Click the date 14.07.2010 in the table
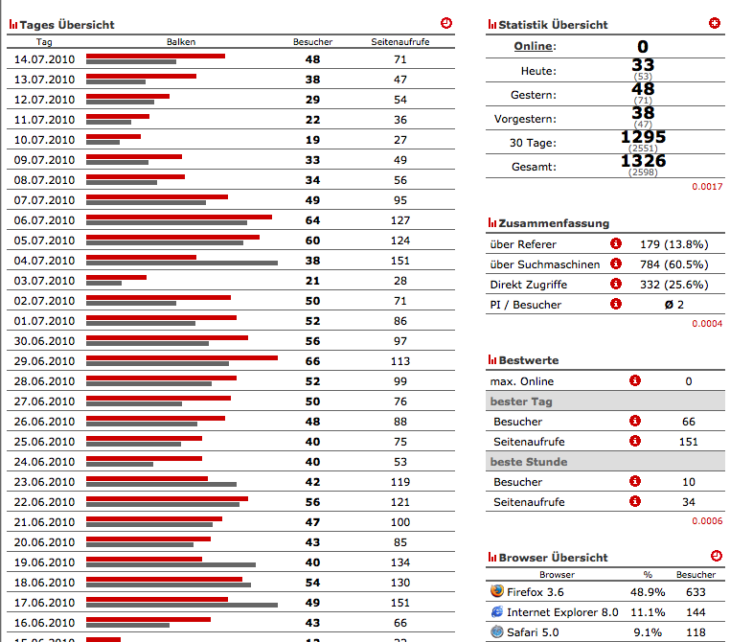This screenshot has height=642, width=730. pos(44,59)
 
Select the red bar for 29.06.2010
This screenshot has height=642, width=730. pos(182,357)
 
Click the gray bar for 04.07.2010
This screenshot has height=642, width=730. pos(182,263)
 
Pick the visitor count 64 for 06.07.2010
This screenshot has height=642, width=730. pos(312,220)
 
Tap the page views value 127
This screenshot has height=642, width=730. pos(400,220)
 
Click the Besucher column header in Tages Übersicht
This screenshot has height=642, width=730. pos(312,42)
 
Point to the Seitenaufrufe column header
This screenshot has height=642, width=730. pos(400,42)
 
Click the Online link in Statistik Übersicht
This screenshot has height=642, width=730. pos(535,47)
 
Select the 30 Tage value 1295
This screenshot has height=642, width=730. pos(643,137)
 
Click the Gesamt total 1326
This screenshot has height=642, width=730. pos(643,161)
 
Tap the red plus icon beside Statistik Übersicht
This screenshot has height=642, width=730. pos(715,23)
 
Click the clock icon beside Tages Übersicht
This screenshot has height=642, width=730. pos(446,23)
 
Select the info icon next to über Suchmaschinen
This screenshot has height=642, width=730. pos(615,264)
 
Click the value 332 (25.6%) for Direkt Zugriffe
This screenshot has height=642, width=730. pos(673,285)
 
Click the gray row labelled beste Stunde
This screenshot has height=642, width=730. pos(605,462)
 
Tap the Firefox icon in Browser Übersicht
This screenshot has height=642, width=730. pos(496,592)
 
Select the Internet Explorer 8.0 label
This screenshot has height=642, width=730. pos(562,612)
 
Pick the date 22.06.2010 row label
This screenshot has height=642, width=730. pos(44,502)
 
